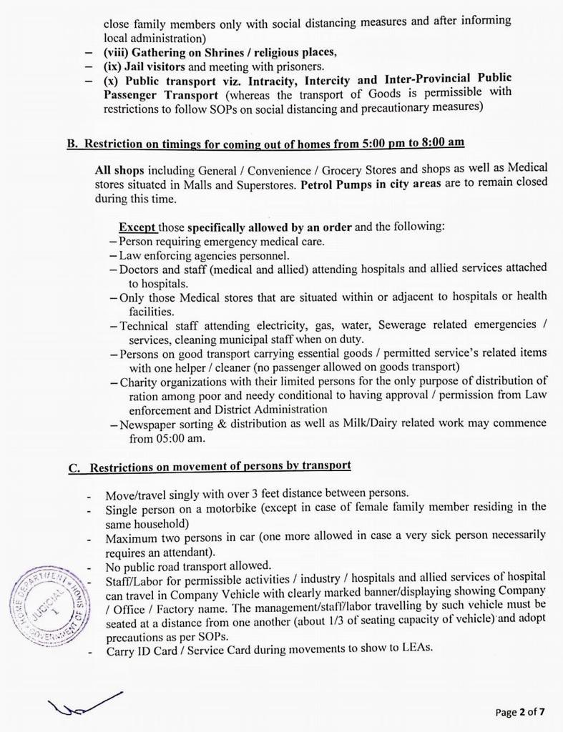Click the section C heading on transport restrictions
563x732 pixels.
coord(210,466)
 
